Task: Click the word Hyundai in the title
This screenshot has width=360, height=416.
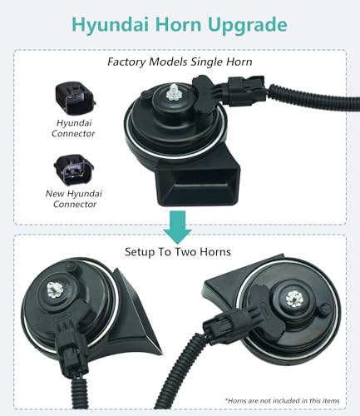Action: click(x=105, y=23)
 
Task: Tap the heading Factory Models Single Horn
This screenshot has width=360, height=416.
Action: click(x=180, y=62)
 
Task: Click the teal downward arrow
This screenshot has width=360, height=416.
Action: click(x=177, y=227)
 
